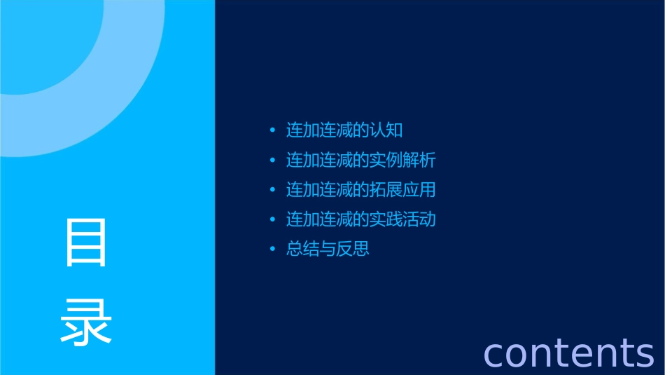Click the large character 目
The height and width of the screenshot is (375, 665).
pos(86,243)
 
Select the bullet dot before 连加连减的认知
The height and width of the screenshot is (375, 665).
pos(272,130)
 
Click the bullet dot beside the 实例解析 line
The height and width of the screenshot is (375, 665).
pos(272,160)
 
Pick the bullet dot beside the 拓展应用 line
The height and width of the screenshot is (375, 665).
pos(272,190)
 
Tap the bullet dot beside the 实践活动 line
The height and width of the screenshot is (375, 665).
pos(272,219)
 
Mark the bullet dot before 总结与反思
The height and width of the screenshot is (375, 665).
pos(272,249)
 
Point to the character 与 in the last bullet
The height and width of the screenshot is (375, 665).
pos(328,249)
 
